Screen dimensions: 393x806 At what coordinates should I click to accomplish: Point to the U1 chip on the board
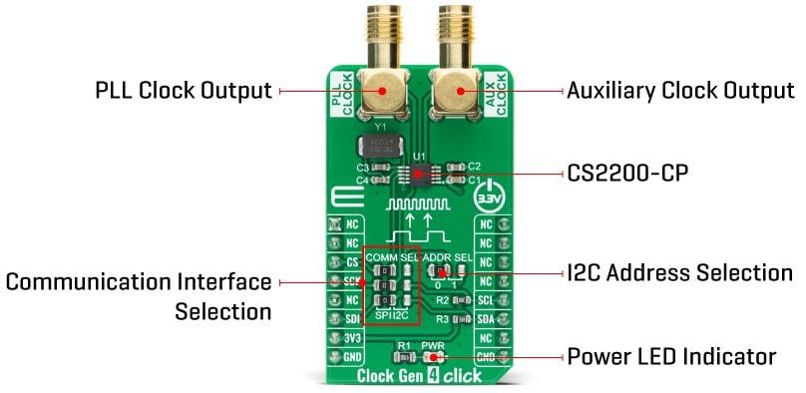tap(420, 175)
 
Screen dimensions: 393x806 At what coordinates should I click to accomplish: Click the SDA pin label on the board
tap(485, 319)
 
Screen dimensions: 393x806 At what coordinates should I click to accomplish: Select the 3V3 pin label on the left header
tap(352, 338)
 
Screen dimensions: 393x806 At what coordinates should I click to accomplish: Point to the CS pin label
tap(352, 262)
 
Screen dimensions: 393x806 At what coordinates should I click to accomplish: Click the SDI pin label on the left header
tap(352, 319)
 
